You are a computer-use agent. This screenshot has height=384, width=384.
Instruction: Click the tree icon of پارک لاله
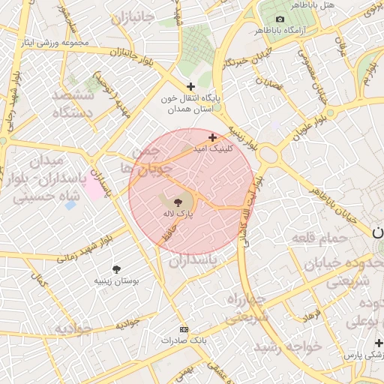tap(178, 202)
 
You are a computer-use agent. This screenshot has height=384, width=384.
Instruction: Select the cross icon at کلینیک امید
tap(213, 137)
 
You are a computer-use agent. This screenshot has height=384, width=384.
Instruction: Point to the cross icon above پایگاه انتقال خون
tap(190, 87)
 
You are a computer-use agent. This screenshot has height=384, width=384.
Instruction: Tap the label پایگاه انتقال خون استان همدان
tap(187, 104)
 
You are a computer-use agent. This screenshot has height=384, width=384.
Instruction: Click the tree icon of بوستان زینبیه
tap(117, 268)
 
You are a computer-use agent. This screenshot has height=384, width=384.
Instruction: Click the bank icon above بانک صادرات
tap(184, 328)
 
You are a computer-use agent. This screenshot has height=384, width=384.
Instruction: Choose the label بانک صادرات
tap(183, 340)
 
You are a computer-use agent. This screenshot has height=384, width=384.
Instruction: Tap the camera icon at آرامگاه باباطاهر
tap(280, 19)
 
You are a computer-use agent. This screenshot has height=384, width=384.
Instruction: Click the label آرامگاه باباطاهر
tap(280, 31)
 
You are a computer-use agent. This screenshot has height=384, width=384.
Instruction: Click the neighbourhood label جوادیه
tap(72, 330)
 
